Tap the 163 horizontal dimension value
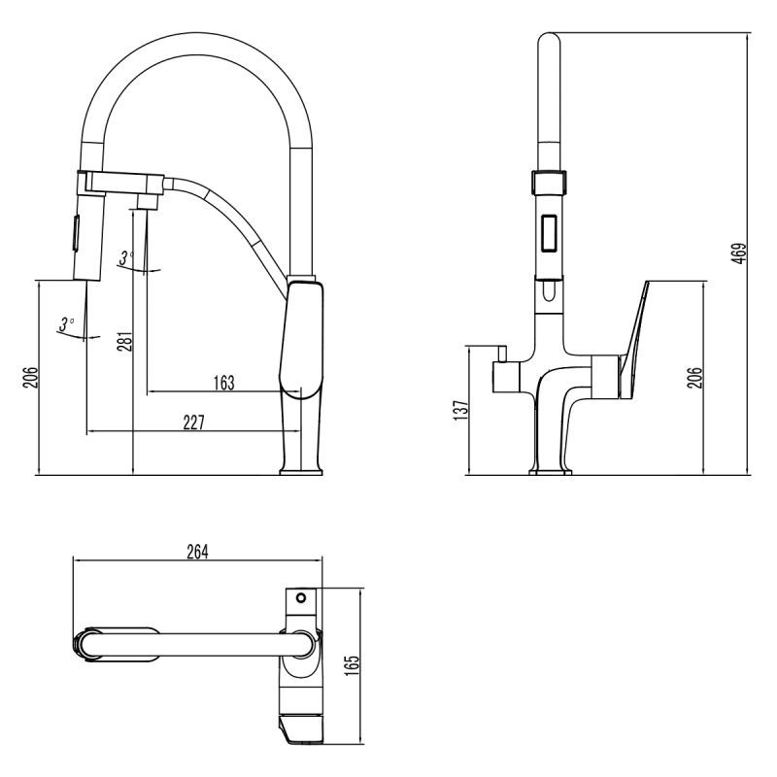pyautogui.click(x=223, y=382)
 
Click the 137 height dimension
pyautogui.click(x=461, y=409)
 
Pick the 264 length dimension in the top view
pyautogui.click(x=197, y=551)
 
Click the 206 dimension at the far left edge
pyautogui.click(x=29, y=377)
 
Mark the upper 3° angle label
pyautogui.click(x=125, y=257)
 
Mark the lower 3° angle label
pyautogui.click(x=66, y=324)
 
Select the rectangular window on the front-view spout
pyautogui.click(x=549, y=233)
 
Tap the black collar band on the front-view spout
pyautogui.click(x=549, y=181)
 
